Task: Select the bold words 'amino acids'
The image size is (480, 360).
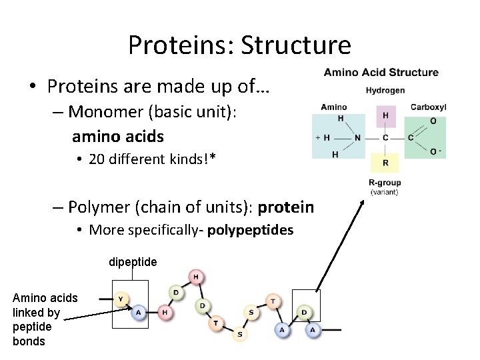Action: pos(118,136)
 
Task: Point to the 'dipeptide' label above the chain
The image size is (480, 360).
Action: pos(133,262)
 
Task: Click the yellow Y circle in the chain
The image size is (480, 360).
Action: pos(120,299)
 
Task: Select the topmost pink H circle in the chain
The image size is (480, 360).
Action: pos(197,277)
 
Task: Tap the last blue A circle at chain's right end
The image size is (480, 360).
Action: pos(311,329)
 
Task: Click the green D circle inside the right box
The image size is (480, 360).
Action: pos(304,312)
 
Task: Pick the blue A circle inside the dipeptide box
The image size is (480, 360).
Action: pos(138,311)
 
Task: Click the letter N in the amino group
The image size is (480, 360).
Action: pos(357,138)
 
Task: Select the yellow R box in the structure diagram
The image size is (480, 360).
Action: pos(385,162)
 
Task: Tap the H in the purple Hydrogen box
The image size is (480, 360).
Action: pos(385,115)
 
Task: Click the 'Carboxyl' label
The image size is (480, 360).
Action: pos(428,107)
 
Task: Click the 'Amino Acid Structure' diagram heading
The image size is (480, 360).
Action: pos(381,73)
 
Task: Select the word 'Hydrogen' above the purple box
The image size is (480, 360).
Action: pos(385,91)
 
